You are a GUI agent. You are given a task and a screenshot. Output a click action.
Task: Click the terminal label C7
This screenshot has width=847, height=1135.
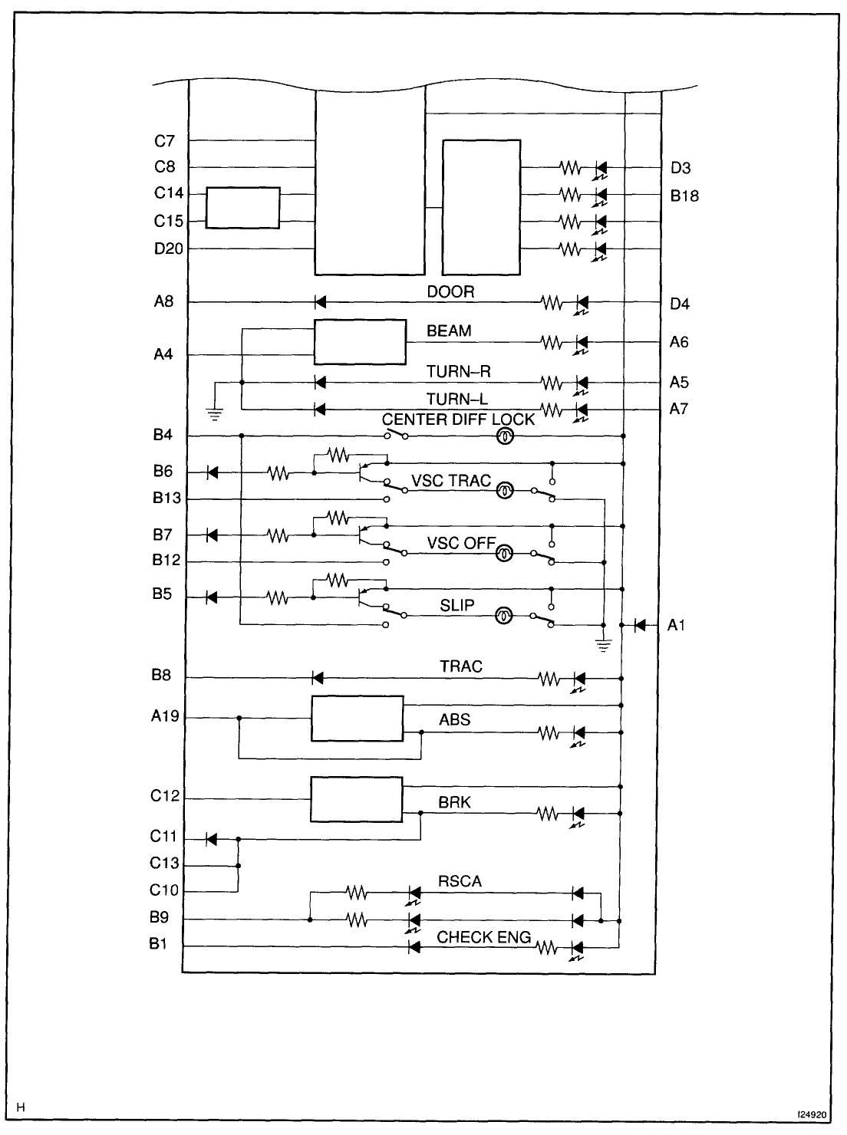click(164, 140)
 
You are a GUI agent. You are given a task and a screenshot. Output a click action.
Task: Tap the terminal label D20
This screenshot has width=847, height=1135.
click(169, 248)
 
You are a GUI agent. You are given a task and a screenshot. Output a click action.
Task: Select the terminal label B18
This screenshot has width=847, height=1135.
click(684, 196)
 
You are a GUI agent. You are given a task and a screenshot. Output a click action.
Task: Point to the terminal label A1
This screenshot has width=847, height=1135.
click(676, 625)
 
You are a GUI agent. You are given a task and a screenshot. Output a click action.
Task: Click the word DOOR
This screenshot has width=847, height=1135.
click(450, 291)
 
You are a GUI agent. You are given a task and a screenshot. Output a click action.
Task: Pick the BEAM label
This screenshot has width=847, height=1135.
click(449, 331)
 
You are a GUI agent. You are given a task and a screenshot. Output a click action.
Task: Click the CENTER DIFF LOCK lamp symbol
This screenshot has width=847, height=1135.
click(505, 436)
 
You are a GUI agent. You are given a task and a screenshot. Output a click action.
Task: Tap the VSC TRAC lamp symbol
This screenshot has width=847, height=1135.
click(505, 490)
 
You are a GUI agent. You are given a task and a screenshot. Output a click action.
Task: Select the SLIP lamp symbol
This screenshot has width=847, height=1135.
click(503, 616)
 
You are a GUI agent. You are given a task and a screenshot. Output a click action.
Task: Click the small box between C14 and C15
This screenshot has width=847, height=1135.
click(243, 208)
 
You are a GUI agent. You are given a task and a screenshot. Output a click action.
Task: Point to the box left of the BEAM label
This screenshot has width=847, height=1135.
click(360, 342)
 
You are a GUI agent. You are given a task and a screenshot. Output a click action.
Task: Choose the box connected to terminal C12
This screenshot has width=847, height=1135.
click(356, 799)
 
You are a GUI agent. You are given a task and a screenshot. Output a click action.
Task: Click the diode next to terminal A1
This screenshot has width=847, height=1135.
click(640, 625)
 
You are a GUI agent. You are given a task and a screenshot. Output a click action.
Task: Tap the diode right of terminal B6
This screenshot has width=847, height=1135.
click(212, 472)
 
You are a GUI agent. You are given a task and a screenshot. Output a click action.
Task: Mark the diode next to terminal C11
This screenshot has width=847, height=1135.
click(211, 839)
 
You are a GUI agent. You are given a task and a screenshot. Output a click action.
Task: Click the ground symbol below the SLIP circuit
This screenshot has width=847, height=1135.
click(604, 645)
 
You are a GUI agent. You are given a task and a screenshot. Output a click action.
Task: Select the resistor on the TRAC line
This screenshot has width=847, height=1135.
click(549, 679)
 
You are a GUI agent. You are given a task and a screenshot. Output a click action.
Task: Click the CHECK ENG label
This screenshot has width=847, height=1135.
click(483, 937)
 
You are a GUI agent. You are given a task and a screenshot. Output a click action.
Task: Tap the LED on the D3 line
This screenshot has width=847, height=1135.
click(601, 169)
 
